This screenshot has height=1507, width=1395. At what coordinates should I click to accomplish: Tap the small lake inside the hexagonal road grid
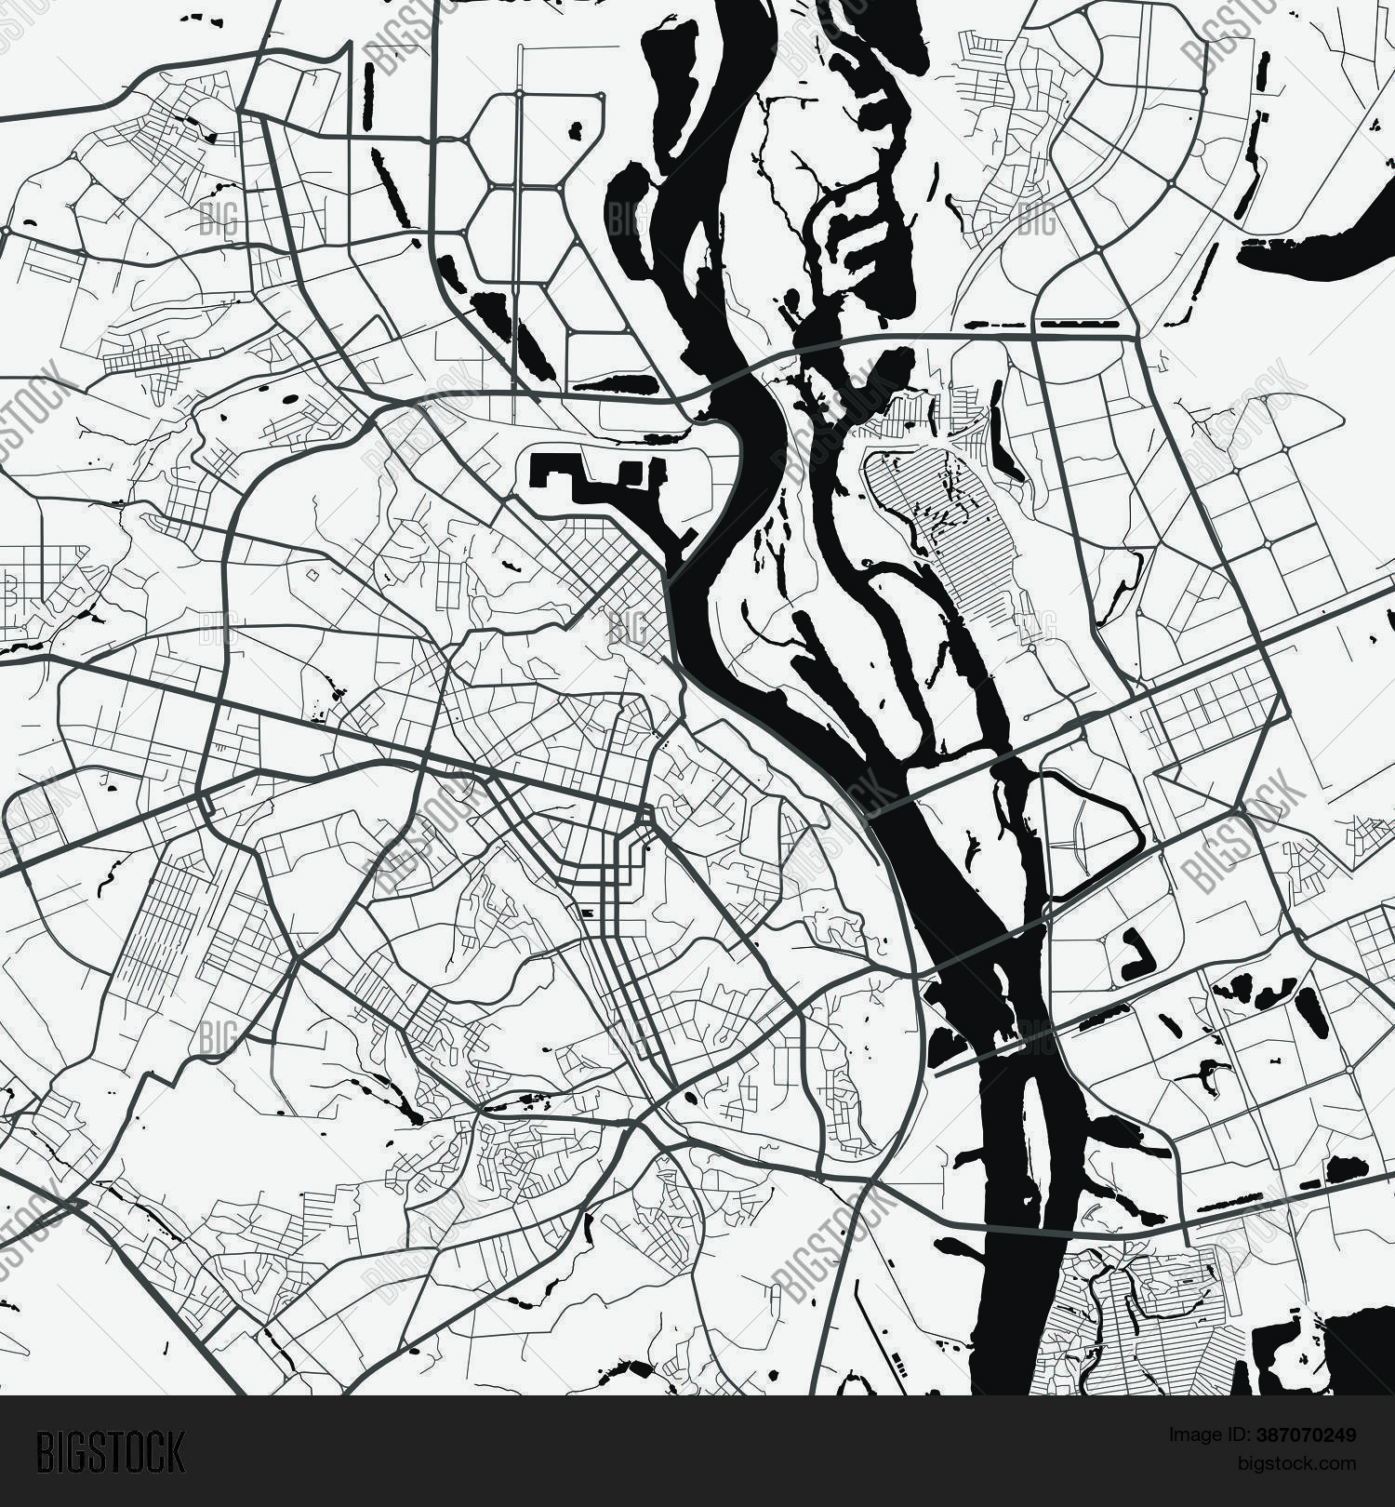pos(575,130)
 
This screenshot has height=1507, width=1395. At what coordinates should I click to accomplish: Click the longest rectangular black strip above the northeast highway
pos(1079,325)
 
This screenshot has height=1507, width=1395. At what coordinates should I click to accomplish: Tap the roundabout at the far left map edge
pos(7,229)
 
